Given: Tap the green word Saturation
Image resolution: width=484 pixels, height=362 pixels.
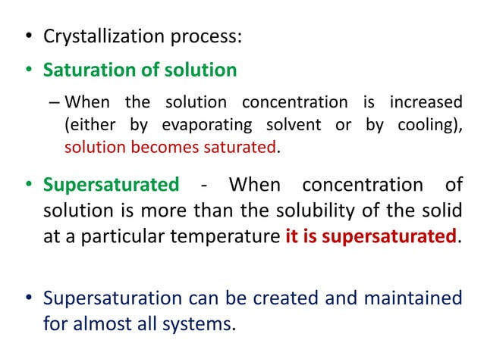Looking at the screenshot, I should (x=81, y=70).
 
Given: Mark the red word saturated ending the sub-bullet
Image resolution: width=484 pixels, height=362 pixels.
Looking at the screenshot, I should (x=239, y=147).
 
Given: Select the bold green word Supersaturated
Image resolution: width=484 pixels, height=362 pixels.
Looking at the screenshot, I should (x=111, y=185).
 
